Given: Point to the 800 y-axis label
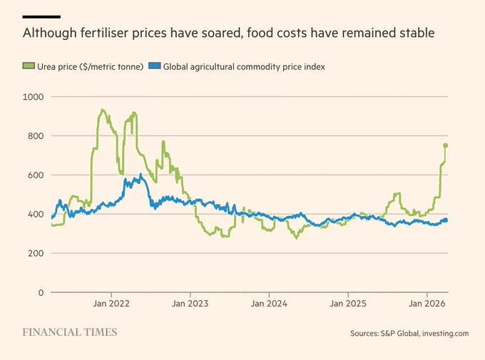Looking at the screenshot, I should point(35,135).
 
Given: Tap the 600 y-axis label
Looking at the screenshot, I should point(35,175).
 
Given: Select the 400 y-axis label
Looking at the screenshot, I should point(35,214).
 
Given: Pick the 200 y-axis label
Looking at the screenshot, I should point(35,253).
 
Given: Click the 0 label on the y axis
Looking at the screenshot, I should point(41,292).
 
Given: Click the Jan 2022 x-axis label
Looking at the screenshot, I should point(111,304).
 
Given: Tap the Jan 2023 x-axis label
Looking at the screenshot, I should point(190,304).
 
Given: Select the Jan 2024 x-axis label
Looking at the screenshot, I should point(269,304).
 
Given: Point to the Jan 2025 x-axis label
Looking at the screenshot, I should point(348,304).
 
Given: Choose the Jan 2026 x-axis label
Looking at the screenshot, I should point(427,304).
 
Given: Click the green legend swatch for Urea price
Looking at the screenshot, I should point(28,66).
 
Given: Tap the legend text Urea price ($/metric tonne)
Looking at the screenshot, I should point(89,66).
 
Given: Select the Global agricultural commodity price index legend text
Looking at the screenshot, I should point(244,66).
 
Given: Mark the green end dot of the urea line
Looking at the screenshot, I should point(446,145).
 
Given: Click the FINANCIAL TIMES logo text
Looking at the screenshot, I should point(69,332).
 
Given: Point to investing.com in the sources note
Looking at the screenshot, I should point(444,333).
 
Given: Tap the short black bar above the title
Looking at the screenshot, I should point(41,16).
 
